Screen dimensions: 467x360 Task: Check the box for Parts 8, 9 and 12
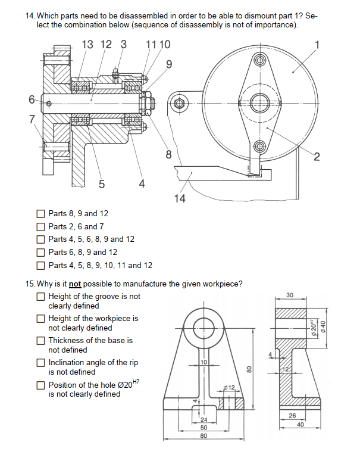[40, 213]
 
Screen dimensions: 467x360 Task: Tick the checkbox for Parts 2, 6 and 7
[40, 226]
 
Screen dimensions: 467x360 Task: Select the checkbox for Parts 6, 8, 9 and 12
[40, 252]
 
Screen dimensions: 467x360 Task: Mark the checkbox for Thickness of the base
[40, 341]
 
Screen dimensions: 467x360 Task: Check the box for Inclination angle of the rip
[40, 362]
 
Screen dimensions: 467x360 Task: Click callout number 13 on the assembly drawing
[87, 44]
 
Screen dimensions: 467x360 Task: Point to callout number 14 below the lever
[180, 198]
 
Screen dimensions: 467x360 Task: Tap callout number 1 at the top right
[317, 44]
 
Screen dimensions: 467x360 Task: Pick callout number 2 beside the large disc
[317, 157]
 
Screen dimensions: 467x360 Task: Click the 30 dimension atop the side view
[289, 295]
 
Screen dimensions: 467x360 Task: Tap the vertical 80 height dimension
[250, 369]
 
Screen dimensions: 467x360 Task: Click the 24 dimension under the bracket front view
[204, 420]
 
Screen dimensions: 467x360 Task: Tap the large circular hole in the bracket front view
[204, 326]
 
